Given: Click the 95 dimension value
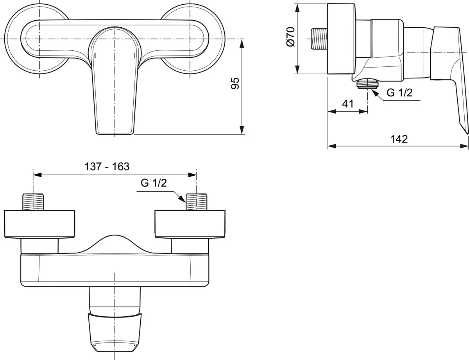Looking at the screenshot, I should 234,84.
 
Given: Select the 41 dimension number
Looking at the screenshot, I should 347,104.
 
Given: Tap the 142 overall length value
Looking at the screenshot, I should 398,139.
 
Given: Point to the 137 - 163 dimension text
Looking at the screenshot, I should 107,166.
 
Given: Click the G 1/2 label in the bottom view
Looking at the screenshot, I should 154,184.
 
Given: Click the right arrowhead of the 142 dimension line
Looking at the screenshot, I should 465,146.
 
